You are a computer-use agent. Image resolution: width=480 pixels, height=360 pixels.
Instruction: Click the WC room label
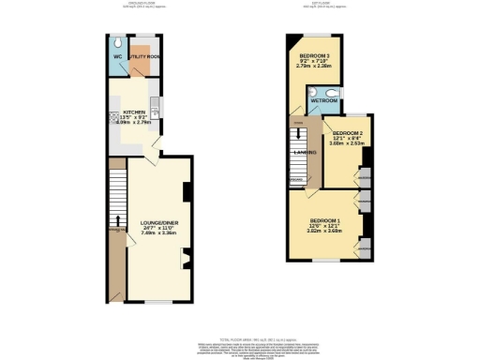(119, 58)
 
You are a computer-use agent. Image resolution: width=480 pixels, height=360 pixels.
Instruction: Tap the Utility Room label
(146, 58)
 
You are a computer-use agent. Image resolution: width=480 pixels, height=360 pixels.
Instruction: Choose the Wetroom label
(325, 100)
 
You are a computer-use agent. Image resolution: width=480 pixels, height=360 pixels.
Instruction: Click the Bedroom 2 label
(349, 134)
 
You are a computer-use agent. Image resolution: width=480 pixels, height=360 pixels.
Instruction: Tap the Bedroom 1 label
(323, 220)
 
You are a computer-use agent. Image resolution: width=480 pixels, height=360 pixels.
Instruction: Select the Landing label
(303, 153)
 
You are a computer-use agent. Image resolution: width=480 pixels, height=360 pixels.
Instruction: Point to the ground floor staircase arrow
(117, 223)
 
